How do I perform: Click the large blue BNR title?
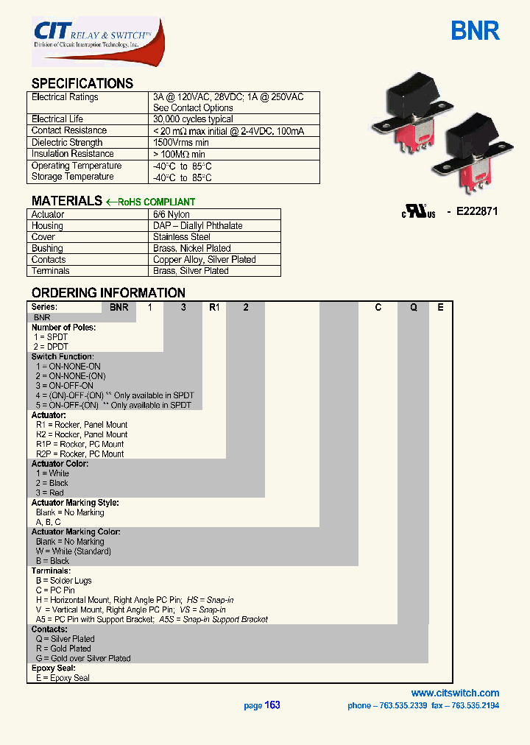[x=475, y=32]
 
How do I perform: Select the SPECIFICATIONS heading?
[x=82, y=83]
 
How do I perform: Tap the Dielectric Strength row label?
[x=67, y=143]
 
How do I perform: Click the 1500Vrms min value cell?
[x=181, y=143]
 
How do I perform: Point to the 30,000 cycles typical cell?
[x=193, y=119]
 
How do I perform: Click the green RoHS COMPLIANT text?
[x=155, y=202]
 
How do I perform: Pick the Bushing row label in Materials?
[x=47, y=249]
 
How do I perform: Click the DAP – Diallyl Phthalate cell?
[x=197, y=226]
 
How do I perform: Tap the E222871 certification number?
[x=477, y=211]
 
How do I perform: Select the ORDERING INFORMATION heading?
[x=108, y=293]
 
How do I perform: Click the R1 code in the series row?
[x=214, y=308]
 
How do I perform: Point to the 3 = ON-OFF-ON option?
[x=64, y=386]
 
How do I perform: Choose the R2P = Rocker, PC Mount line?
[x=80, y=454]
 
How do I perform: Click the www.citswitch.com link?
[x=455, y=693]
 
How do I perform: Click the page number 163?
[x=272, y=705]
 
